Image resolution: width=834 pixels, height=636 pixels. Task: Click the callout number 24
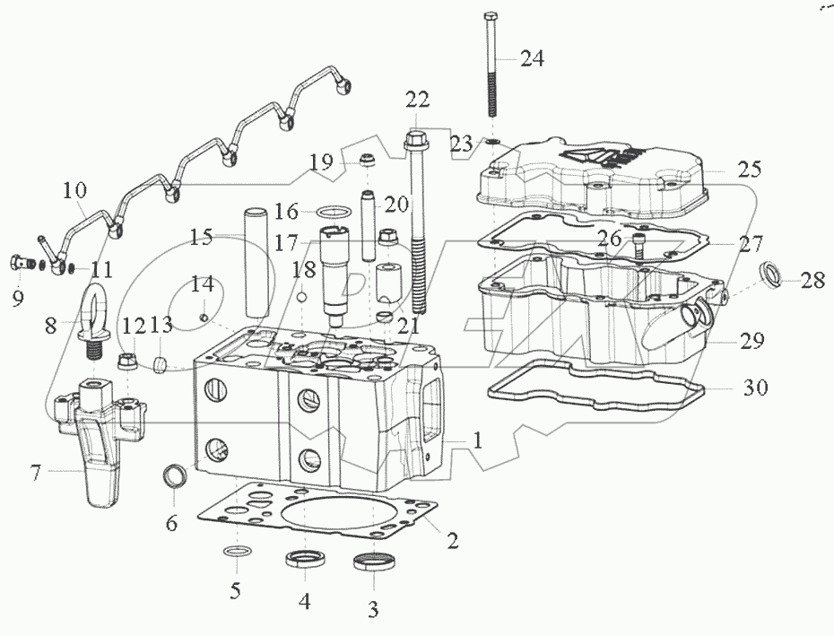pos(532,59)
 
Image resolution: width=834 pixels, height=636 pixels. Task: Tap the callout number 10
pos(74,190)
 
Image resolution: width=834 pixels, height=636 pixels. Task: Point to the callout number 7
pos(36,472)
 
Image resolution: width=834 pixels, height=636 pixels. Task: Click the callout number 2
pos(452,540)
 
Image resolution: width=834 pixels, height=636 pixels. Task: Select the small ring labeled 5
pos(234,550)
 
